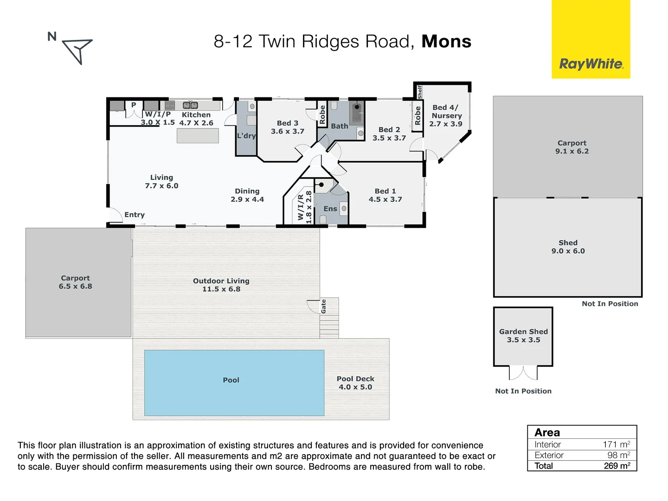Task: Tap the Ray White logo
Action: click(x=591, y=64)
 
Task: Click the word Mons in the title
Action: click(x=446, y=42)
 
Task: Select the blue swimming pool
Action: click(x=234, y=383)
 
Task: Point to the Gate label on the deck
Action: click(x=324, y=306)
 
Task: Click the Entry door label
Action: click(x=135, y=215)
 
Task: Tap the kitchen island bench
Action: click(x=198, y=135)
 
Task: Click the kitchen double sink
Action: click(x=190, y=105)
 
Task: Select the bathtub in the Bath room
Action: click(x=356, y=113)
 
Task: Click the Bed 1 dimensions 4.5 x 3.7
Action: click(x=385, y=199)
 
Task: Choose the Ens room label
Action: click(x=330, y=209)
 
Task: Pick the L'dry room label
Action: click(x=246, y=136)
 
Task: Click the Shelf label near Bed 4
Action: click(x=420, y=92)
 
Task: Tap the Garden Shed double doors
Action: click(x=523, y=372)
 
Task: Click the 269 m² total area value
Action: click(x=617, y=466)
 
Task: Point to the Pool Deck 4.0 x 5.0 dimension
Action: click(x=355, y=387)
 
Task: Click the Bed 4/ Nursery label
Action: click(x=446, y=111)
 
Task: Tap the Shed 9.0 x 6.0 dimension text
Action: click(x=568, y=251)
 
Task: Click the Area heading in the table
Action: click(x=547, y=432)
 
